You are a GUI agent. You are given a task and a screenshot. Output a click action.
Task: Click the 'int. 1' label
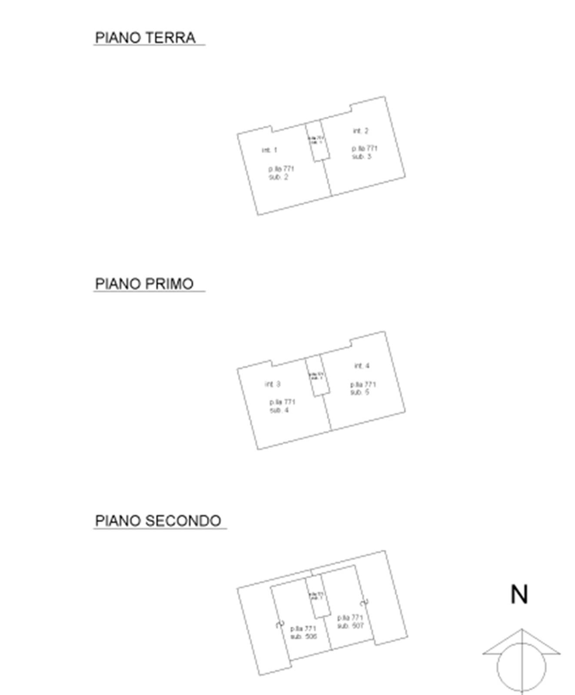(x=269, y=150)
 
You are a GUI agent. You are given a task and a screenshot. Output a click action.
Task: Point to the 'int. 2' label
(x=361, y=131)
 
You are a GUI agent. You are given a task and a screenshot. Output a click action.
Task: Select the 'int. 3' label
(x=273, y=384)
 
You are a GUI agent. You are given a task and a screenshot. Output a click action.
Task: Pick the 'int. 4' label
(x=362, y=366)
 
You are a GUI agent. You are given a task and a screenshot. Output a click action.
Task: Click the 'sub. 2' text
(x=278, y=177)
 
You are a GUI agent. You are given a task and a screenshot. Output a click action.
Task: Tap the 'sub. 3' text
(x=362, y=156)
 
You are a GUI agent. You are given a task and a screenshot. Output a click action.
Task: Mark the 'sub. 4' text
(x=279, y=410)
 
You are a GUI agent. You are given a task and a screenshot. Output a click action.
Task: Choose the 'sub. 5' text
(x=360, y=392)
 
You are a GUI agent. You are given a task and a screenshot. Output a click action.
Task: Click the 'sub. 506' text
(x=304, y=637)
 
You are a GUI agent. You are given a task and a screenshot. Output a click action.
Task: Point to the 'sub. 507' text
(x=350, y=626)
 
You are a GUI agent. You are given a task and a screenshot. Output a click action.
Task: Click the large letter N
(x=519, y=595)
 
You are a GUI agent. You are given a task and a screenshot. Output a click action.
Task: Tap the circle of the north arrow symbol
(x=522, y=667)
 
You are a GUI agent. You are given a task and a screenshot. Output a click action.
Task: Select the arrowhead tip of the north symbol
(x=522, y=630)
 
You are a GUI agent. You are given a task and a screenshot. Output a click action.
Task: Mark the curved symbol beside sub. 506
(x=280, y=625)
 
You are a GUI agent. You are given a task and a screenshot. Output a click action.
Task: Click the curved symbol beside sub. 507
(x=365, y=602)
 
